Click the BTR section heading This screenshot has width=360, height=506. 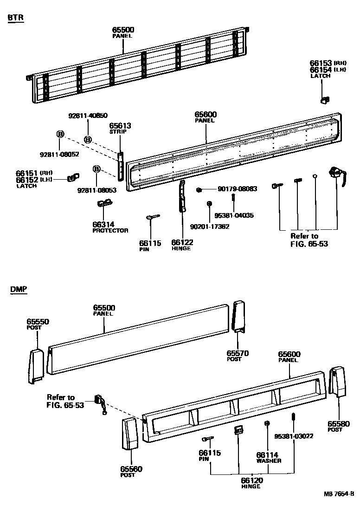[x=16, y=18]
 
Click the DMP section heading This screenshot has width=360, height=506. [x=19, y=289]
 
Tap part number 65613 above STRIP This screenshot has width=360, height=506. [x=120, y=125]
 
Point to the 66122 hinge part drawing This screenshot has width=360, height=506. [x=182, y=196]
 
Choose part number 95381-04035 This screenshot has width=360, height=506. [x=234, y=215]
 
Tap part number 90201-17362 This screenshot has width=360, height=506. [x=210, y=227]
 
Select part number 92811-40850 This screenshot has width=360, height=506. [x=88, y=116]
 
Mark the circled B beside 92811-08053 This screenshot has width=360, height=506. [x=96, y=169]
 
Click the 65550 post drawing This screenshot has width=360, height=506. [x=36, y=366]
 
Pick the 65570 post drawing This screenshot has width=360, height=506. [x=238, y=317]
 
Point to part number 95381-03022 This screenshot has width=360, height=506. [x=294, y=436]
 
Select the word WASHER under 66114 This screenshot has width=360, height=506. [x=269, y=461]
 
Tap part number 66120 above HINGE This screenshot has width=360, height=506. [x=251, y=480]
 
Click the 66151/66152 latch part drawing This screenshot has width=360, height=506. [x=72, y=177]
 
